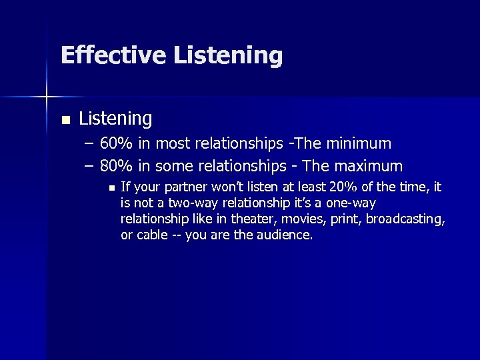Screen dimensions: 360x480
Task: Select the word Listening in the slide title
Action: [228, 56]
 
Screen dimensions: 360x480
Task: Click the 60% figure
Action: [117, 143]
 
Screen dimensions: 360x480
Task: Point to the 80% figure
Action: [117, 165]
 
